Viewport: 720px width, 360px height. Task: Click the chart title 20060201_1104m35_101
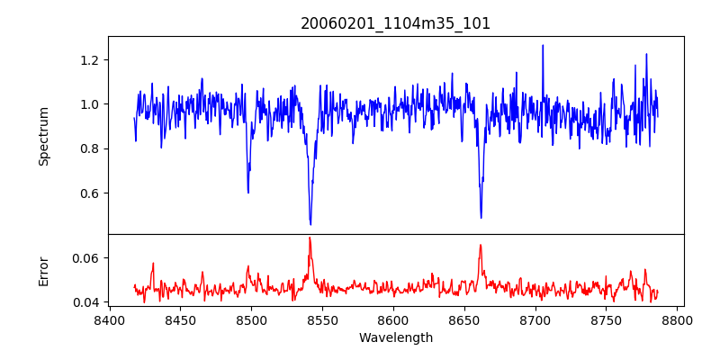(395, 23)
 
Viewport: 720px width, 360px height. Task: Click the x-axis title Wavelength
(395, 337)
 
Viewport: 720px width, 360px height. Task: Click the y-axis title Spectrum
(43, 136)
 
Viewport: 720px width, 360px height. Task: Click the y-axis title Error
(43, 271)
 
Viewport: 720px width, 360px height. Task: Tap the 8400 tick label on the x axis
(109, 319)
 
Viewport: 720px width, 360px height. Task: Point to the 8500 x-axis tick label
(251, 319)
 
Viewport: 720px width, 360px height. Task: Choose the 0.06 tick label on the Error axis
(87, 257)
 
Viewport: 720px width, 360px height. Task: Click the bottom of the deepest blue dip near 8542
(310, 224)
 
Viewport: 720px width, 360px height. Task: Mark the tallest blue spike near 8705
(543, 45)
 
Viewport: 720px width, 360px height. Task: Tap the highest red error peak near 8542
(310, 238)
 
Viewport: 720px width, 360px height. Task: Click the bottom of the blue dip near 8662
(481, 217)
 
